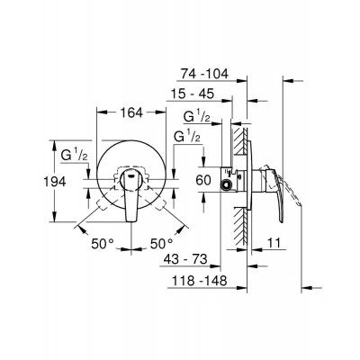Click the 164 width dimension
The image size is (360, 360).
[131, 113]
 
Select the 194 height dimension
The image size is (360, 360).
[55, 182]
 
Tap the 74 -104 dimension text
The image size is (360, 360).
[204, 74]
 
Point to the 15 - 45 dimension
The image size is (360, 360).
[193, 94]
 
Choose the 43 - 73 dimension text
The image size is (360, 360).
[185, 259]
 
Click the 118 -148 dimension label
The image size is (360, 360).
[199, 281]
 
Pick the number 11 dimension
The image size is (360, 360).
[273, 243]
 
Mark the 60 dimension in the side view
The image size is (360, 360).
[203, 180]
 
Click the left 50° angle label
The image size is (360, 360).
[103, 243]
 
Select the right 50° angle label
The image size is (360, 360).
[162, 243]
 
